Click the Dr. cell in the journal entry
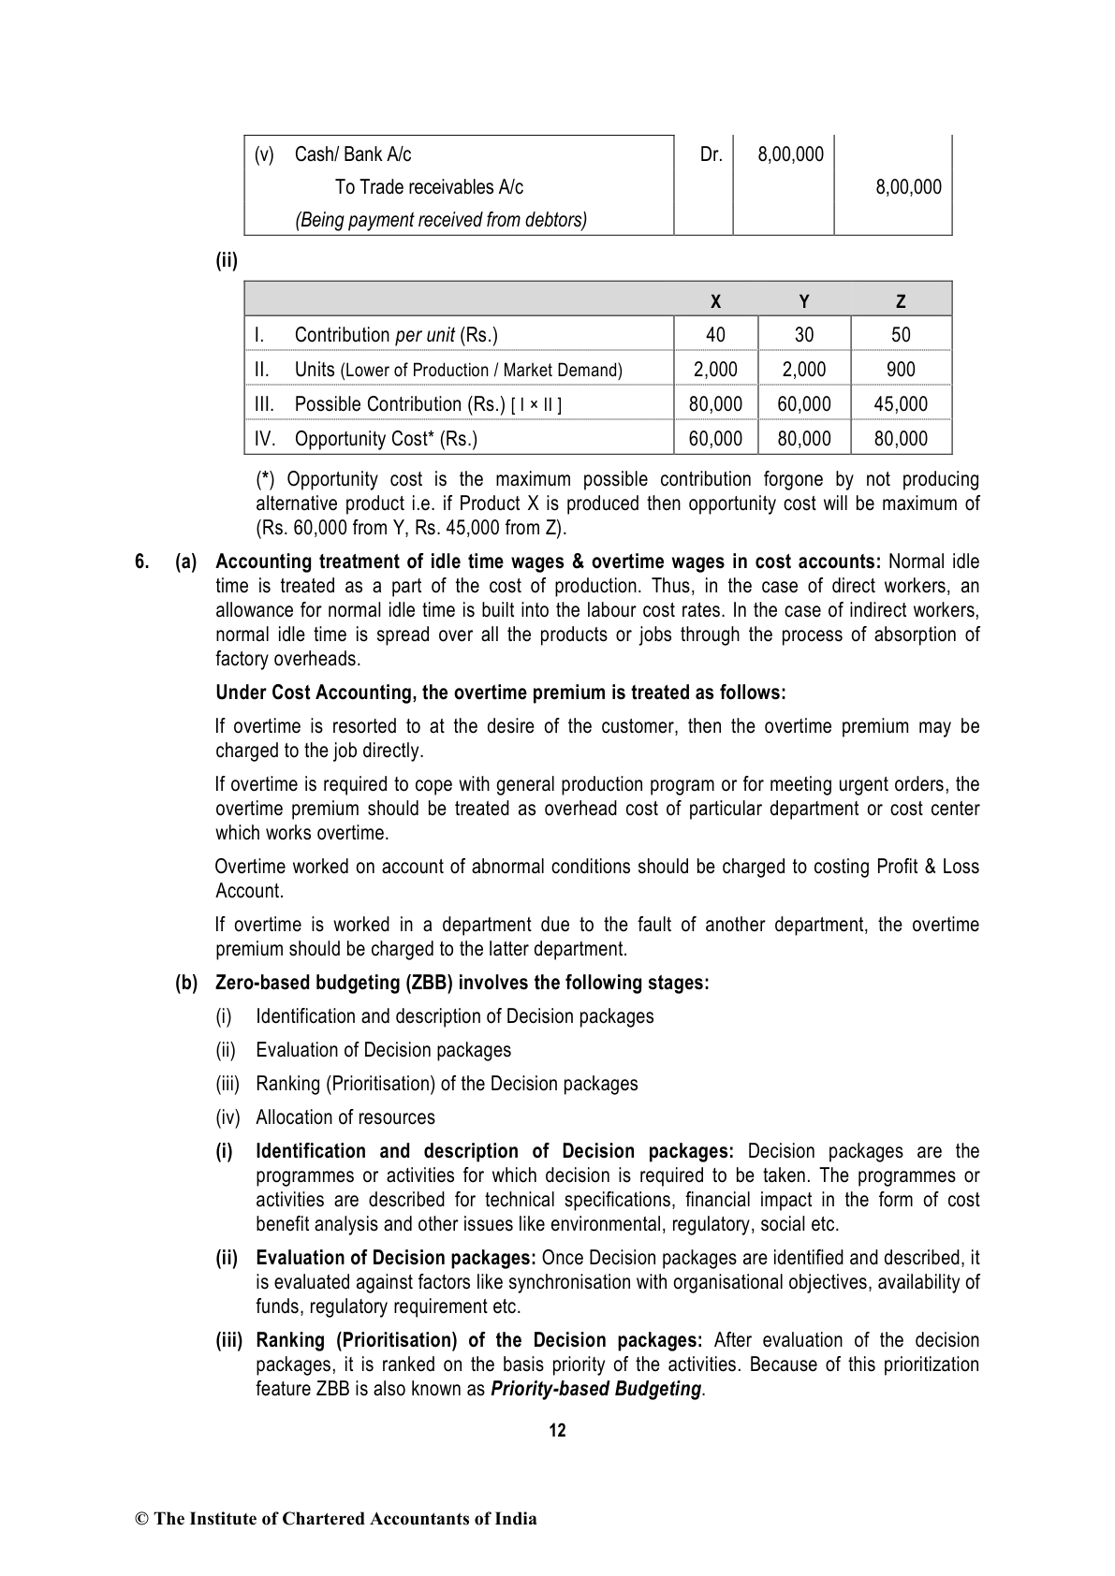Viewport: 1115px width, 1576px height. coord(712,154)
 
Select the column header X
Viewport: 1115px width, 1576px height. coord(715,301)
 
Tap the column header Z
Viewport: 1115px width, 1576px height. coord(901,301)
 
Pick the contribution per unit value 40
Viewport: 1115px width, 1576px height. coord(715,335)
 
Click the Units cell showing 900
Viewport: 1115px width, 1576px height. coord(901,370)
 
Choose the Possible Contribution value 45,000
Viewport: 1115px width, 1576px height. coord(901,404)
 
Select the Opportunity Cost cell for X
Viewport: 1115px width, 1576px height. coord(715,439)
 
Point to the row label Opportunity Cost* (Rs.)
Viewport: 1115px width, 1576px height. coord(385,439)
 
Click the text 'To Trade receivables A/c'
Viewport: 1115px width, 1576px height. coord(429,187)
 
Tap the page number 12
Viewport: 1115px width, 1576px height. coord(557,1430)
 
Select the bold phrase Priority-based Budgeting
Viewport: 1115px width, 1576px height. coord(595,1389)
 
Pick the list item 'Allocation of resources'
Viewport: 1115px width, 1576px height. coord(345,1117)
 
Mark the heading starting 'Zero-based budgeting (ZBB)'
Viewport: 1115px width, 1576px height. coord(462,983)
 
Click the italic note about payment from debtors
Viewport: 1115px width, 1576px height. coord(441,220)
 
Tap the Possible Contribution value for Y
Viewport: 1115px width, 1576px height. coord(804,404)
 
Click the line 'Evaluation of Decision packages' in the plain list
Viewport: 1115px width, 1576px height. coord(383,1050)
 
